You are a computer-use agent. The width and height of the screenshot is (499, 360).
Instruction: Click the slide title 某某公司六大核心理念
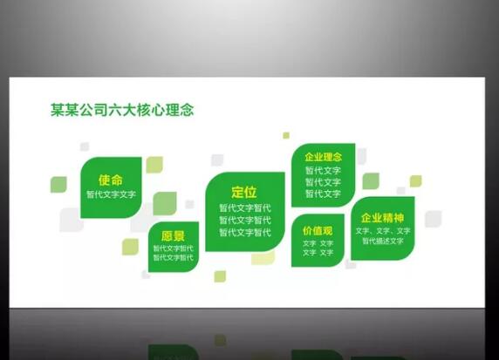[x=121, y=110]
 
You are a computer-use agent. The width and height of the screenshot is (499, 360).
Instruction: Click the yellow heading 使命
[x=111, y=180]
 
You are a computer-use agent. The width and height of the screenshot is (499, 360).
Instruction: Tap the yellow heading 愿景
[x=173, y=236]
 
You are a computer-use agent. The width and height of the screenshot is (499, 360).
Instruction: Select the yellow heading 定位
[x=244, y=192]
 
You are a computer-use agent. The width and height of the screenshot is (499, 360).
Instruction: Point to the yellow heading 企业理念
[x=323, y=158]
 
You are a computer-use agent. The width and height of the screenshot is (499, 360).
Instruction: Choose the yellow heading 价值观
[x=318, y=230]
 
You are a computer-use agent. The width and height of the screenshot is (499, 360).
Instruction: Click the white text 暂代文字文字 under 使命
[x=111, y=194]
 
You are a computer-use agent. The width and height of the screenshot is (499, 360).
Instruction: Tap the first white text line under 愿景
[x=173, y=248]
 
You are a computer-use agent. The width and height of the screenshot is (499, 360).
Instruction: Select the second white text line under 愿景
[x=173, y=258]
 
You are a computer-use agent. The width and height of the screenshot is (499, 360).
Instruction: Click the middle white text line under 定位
[x=244, y=221]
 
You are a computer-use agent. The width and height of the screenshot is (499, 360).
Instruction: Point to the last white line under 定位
[x=244, y=233]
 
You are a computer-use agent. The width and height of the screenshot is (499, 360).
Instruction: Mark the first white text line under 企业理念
[x=323, y=171]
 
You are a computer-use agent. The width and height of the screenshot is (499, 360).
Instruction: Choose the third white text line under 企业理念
[x=323, y=194]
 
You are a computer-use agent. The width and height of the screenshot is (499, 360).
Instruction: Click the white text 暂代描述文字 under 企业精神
[x=382, y=241]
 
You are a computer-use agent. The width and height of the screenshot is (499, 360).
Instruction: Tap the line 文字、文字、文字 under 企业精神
[x=382, y=231]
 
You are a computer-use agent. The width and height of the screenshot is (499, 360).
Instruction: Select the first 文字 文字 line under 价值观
[x=318, y=243]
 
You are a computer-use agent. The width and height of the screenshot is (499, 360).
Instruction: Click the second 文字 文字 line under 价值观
[x=318, y=253]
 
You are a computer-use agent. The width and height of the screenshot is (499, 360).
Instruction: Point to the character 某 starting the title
[x=58, y=110]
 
